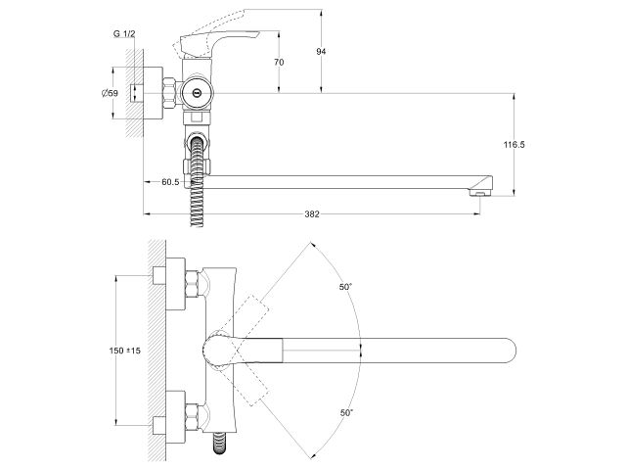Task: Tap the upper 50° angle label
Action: point(343,286)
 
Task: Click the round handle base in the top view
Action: point(218,351)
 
